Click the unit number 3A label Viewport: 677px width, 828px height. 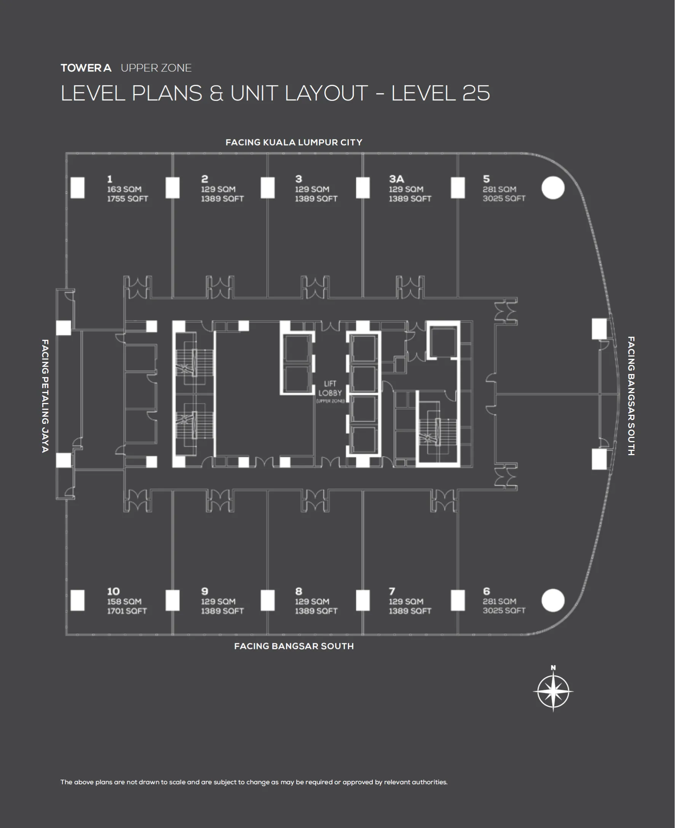[x=396, y=179]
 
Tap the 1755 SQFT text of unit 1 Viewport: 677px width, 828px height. [x=128, y=198]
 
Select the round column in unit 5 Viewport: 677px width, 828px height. [x=552, y=188]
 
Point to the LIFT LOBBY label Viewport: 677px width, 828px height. [x=330, y=388]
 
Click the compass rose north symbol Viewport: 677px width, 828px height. [x=553, y=692]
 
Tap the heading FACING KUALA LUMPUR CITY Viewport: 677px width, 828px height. [x=294, y=142]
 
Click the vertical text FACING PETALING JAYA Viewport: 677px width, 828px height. [x=45, y=395]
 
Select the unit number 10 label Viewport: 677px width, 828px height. [x=113, y=591]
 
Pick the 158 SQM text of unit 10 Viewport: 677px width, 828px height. [x=124, y=601]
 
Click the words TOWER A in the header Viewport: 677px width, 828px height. [x=86, y=68]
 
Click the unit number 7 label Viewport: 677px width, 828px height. [x=392, y=591]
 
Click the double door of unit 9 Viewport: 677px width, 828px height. [x=220, y=501]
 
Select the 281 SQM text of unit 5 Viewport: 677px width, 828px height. [x=499, y=189]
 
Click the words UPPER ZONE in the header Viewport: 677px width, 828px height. [x=156, y=68]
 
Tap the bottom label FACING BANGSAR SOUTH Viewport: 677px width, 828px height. [x=294, y=646]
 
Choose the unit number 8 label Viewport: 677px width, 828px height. [x=299, y=591]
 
